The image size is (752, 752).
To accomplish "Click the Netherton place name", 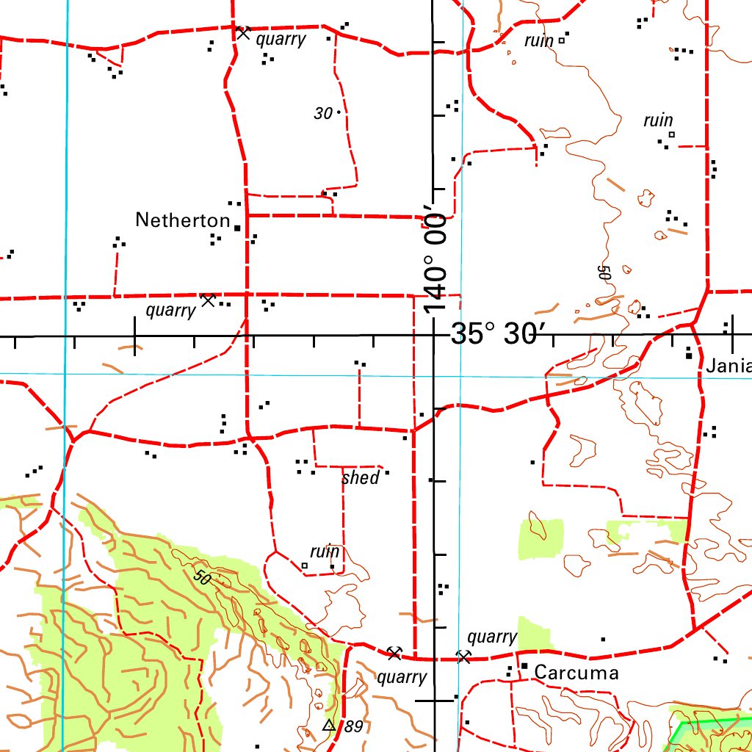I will pyautogui.click(x=183, y=220).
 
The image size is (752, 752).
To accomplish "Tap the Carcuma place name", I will pyautogui.click(x=576, y=673).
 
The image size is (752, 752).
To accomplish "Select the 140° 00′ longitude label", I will pyautogui.click(x=435, y=262).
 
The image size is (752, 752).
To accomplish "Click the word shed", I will pyautogui.click(x=361, y=478).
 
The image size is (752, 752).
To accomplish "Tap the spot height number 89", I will pyautogui.click(x=353, y=727).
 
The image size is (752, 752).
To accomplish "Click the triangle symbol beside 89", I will pyautogui.click(x=329, y=726).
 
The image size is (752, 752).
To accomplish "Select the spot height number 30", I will pyautogui.click(x=323, y=114).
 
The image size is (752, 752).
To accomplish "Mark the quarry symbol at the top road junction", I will pyautogui.click(x=243, y=33).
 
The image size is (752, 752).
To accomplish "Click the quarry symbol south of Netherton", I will pyautogui.click(x=208, y=300).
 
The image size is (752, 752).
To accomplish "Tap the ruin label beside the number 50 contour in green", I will pyautogui.click(x=325, y=552).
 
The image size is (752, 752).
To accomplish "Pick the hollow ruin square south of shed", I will pyautogui.click(x=305, y=565).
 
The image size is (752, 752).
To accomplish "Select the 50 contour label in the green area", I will pyautogui.click(x=203, y=576).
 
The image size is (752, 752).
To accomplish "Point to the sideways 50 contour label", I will pyautogui.click(x=604, y=272).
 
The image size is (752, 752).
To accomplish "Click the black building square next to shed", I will pyautogui.click(x=387, y=473).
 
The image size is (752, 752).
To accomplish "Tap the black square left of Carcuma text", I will pyautogui.click(x=524, y=666).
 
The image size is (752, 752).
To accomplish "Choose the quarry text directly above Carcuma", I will pyautogui.click(x=492, y=637).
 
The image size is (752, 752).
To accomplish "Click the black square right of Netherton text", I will pyautogui.click(x=236, y=228).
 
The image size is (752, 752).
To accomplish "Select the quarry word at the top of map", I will pyautogui.click(x=280, y=40).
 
